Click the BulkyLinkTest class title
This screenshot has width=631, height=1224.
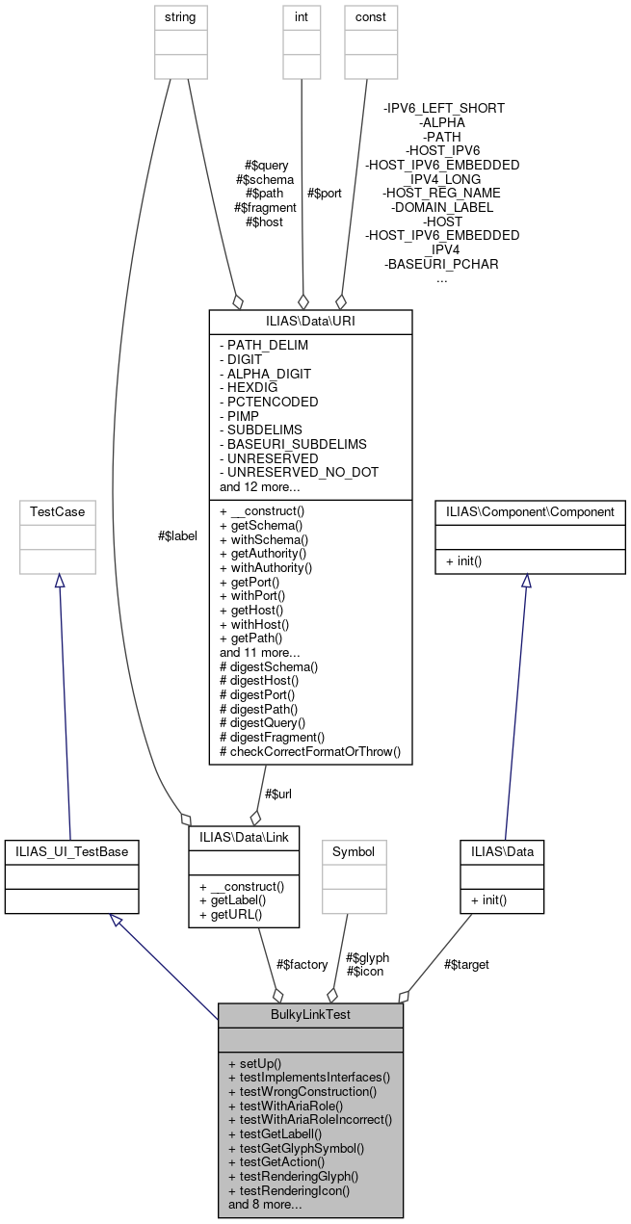point(310,1014)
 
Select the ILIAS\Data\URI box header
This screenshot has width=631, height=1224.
point(310,320)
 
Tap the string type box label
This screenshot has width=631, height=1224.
point(180,16)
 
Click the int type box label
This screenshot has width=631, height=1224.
point(302,16)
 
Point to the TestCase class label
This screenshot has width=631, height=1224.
point(58,511)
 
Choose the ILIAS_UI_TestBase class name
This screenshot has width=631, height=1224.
point(72,850)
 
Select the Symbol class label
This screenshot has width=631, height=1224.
point(354,851)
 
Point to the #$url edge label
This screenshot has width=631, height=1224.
point(278,793)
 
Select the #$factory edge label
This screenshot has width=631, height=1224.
point(302,964)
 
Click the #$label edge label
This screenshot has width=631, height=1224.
point(177,535)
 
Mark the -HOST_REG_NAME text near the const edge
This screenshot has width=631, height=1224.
point(441,193)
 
